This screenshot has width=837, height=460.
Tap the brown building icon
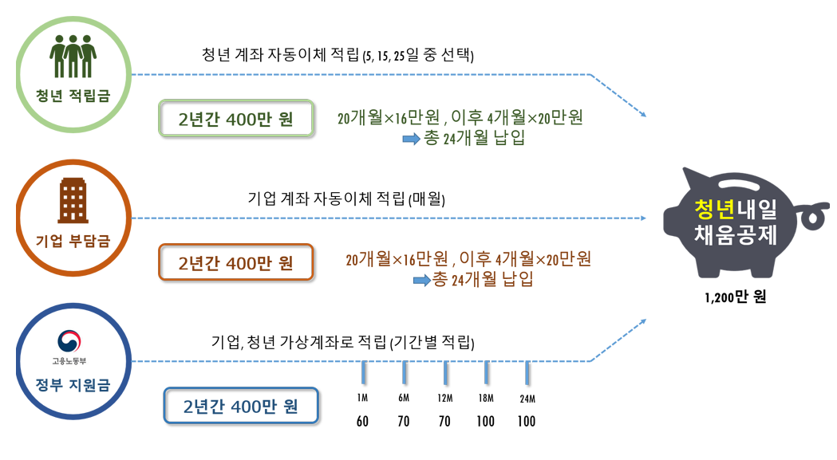click(x=73, y=199)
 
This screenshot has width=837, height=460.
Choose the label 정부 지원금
click(x=73, y=386)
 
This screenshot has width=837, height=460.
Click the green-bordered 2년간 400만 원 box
click(x=236, y=120)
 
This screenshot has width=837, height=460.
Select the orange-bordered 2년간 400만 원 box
click(x=236, y=263)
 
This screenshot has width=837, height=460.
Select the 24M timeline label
click(x=527, y=399)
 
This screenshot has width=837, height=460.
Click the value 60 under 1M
click(x=362, y=422)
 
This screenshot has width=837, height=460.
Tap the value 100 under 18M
click(x=485, y=422)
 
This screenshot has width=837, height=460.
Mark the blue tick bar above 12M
click(x=445, y=372)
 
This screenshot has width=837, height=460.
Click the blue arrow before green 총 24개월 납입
click(x=410, y=139)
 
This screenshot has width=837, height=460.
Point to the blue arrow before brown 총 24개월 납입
click(x=420, y=280)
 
